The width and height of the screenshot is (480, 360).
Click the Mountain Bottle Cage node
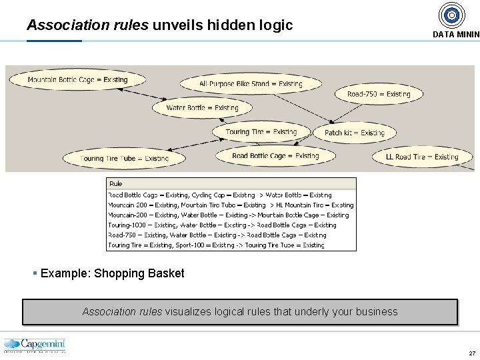tap(77, 80)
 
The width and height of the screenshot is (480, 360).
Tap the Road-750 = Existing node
tap(379, 95)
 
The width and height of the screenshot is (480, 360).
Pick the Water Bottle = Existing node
tap(202, 108)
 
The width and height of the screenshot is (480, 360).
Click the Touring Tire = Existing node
tap(261, 132)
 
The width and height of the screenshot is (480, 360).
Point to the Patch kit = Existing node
tap(354, 133)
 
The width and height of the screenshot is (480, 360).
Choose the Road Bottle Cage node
tap(275, 156)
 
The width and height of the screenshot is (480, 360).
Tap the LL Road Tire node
tap(422, 157)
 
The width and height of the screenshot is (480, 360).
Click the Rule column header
tap(116, 184)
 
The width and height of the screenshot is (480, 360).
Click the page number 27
tap(472, 353)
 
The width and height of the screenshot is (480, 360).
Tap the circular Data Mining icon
tap(452, 15)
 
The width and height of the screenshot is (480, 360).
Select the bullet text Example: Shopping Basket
tap(112, 273)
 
